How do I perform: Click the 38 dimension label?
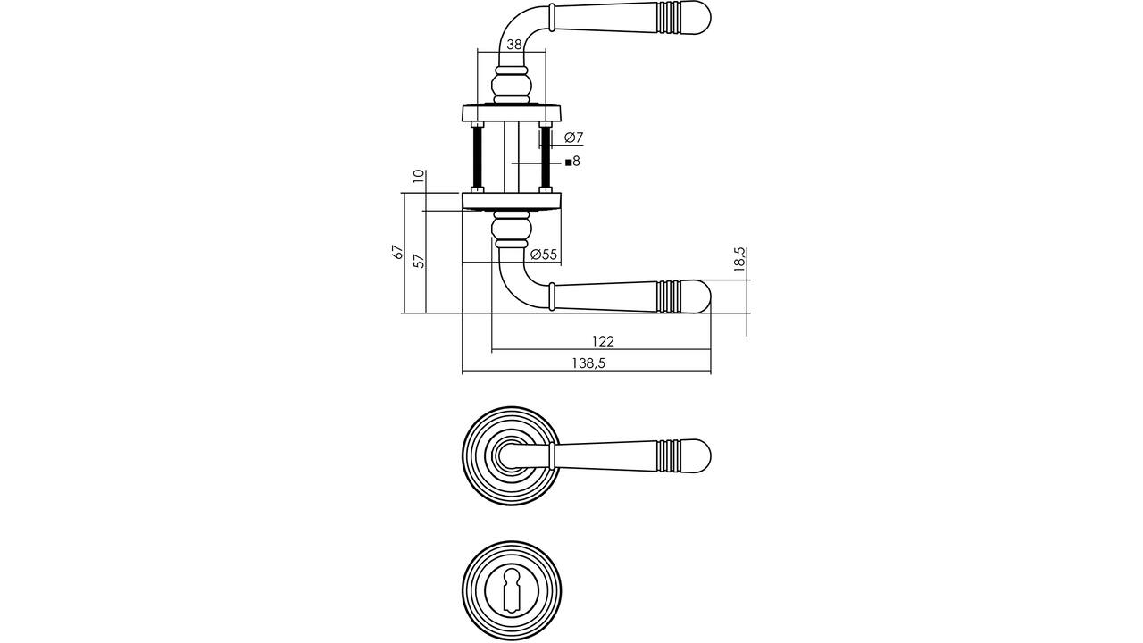pos(514,45)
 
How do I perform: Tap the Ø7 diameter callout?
pos(573,138)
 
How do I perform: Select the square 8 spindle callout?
pos(572,162)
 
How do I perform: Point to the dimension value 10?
pos(419,177)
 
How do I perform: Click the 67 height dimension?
pos(397,252)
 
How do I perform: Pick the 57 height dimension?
pos(419,262)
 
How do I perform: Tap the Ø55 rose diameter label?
pos(544,255)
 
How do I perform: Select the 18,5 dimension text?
pos(739,260)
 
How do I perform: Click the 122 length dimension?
pos(603,341)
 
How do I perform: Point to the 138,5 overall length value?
pos(588,363)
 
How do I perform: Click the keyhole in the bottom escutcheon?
pos(512,591)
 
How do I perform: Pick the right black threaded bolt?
pos(546,158)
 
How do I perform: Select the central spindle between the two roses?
pos(512,158)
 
